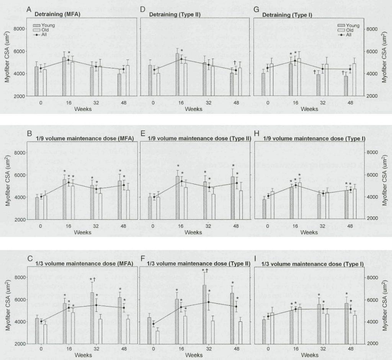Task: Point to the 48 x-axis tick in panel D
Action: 236,103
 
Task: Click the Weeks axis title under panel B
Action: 83,232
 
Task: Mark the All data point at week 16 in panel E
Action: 181,181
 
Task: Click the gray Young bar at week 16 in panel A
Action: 64,77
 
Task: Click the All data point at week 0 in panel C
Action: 41,321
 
